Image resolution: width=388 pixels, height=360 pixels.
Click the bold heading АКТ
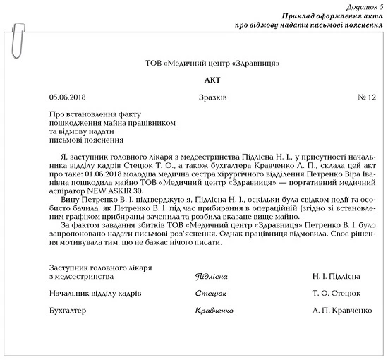pyautogui.click(x=193, y=80)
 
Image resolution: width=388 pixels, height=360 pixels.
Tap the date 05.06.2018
pyautogui.click(x=68, y=97)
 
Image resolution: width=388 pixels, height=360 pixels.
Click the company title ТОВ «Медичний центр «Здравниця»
pyautogui.click(x=193, y=64)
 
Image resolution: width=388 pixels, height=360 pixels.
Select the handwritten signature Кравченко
pyautogui.click(x=214, y=311)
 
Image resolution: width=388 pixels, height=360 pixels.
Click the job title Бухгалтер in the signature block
pyautogui.click(x=68, y=310)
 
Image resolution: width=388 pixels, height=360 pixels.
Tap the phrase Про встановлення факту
pyautogui.click(x=90, y=113)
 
